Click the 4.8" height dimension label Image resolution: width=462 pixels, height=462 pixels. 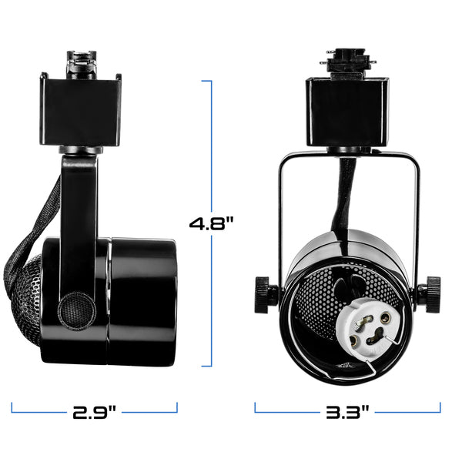pos(211,223)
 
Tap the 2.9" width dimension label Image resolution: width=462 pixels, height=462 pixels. pos(94,412)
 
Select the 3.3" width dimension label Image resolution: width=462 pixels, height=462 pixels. pos(347,412)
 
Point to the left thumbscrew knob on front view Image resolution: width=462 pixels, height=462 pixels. pos(263,295)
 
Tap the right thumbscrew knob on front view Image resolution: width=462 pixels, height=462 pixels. pos(433,295)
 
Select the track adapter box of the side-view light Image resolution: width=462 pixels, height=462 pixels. pos(80,112)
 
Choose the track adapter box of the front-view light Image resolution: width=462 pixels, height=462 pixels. pos(348,112)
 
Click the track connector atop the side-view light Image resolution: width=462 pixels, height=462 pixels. pos(82,65)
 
